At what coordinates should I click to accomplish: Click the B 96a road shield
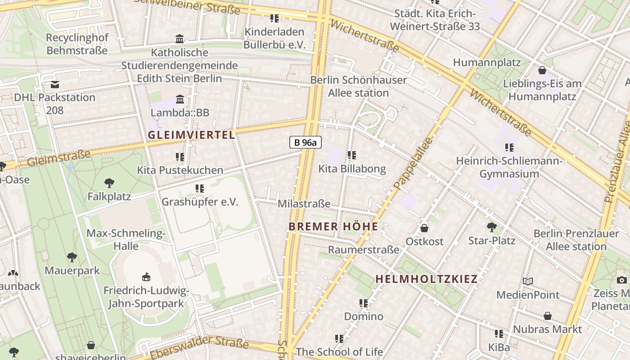tap(306, 143)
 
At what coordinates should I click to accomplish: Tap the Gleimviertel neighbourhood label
tap(191, 135)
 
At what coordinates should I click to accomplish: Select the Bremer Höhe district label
tap(333, 226)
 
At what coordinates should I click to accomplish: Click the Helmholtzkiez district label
tap(426, 279)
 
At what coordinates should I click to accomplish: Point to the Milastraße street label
tap(304, 204)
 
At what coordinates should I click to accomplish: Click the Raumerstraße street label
tap(364, 249)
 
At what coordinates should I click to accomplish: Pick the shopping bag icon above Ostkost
tap(424, 228)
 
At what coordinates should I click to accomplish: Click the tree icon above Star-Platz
tap(492, 227)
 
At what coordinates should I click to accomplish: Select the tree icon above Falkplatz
tap(109, 183)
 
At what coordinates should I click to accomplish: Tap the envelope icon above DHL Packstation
tap(55, 84)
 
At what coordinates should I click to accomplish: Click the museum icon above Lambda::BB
tap(180, 99)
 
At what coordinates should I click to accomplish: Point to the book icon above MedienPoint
tap(528, 282)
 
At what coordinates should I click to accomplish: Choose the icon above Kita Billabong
tap(352, 155)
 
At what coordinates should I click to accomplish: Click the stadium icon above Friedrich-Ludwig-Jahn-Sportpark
tap(146, 277)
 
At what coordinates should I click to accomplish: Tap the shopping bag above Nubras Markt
tap(548, 316)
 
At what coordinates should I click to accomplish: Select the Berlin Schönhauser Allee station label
tap(359, 86)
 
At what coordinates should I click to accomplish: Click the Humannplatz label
tap(486, 63)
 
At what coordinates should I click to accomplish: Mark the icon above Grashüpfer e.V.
tap(199, 189)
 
